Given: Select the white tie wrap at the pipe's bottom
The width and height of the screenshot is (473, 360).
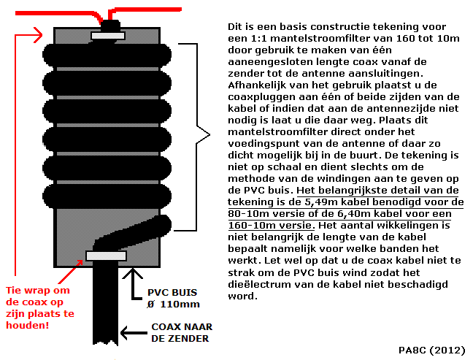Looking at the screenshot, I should [x=107, y=255].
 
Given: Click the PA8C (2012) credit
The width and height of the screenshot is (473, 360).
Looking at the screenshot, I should [x=433, y=350].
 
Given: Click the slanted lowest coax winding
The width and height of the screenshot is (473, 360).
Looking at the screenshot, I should [x=128, y=233].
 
